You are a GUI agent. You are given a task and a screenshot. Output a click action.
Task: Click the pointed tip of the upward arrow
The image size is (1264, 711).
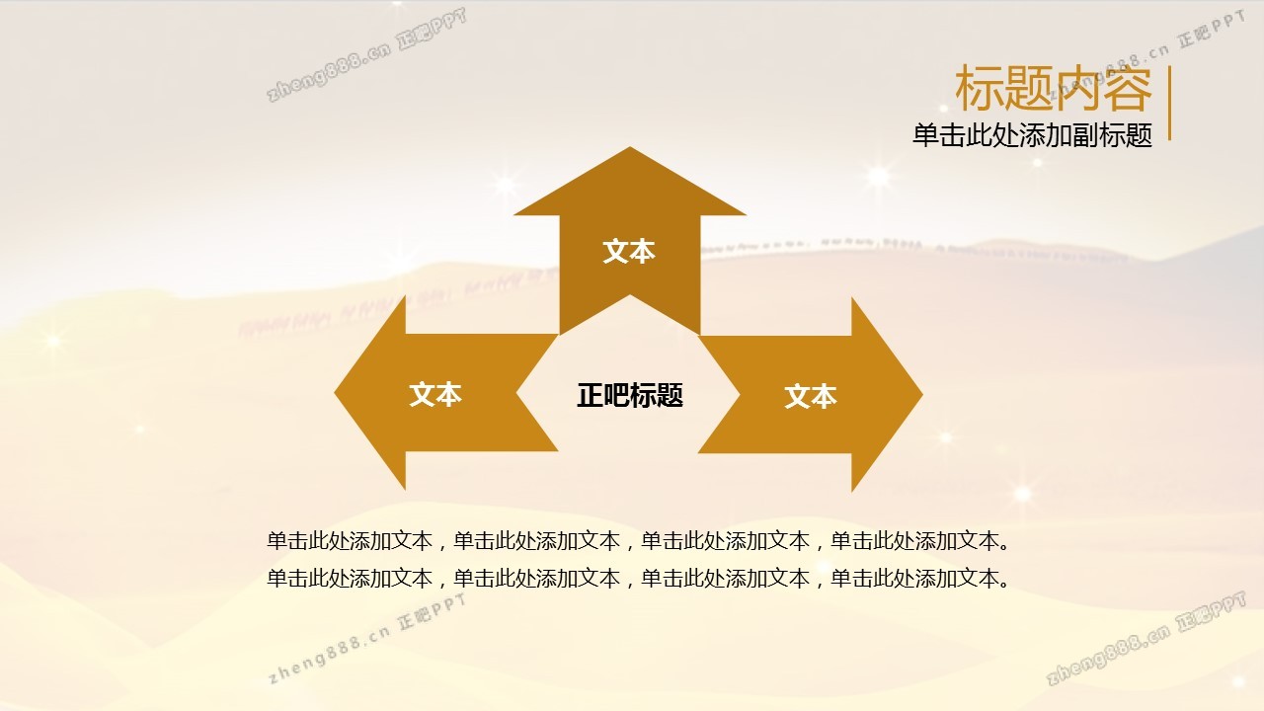630,147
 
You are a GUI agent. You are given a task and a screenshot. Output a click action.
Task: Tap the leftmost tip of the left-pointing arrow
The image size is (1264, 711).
335,393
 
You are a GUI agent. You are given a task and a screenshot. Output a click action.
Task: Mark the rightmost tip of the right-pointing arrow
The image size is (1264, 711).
922,394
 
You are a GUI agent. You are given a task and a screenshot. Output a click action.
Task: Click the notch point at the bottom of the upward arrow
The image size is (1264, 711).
630,295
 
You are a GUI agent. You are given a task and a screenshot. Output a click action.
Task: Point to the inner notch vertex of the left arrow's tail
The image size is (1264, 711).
516,393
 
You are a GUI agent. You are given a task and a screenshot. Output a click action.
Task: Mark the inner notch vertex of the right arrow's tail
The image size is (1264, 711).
740,394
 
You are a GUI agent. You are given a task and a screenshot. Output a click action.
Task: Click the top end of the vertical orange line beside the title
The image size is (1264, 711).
1170,66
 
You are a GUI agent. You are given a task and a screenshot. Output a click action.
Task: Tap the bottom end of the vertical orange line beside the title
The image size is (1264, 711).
1170,139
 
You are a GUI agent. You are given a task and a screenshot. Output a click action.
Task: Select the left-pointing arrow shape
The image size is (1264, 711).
445,393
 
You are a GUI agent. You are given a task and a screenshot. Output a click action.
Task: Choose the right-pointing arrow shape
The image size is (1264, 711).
811,394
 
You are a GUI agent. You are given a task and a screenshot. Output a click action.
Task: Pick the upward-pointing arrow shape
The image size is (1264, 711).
630,241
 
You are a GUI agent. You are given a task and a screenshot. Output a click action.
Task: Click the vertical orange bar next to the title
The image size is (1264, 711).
1170,103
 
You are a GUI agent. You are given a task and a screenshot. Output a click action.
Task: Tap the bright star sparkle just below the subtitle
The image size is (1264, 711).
1037,163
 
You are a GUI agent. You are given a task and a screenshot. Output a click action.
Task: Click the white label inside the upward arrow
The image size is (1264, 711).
629,251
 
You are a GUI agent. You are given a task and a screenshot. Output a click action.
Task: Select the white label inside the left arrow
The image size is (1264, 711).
435,394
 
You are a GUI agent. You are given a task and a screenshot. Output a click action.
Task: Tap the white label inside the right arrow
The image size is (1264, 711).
811,396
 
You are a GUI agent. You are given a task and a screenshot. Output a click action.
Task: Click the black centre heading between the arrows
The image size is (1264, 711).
630,395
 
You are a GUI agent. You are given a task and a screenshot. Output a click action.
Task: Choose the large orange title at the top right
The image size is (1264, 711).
1053,89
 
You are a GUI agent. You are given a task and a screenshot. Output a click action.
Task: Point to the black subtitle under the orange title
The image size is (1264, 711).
1032,135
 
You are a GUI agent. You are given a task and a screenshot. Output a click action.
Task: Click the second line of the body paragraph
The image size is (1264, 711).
639,578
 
